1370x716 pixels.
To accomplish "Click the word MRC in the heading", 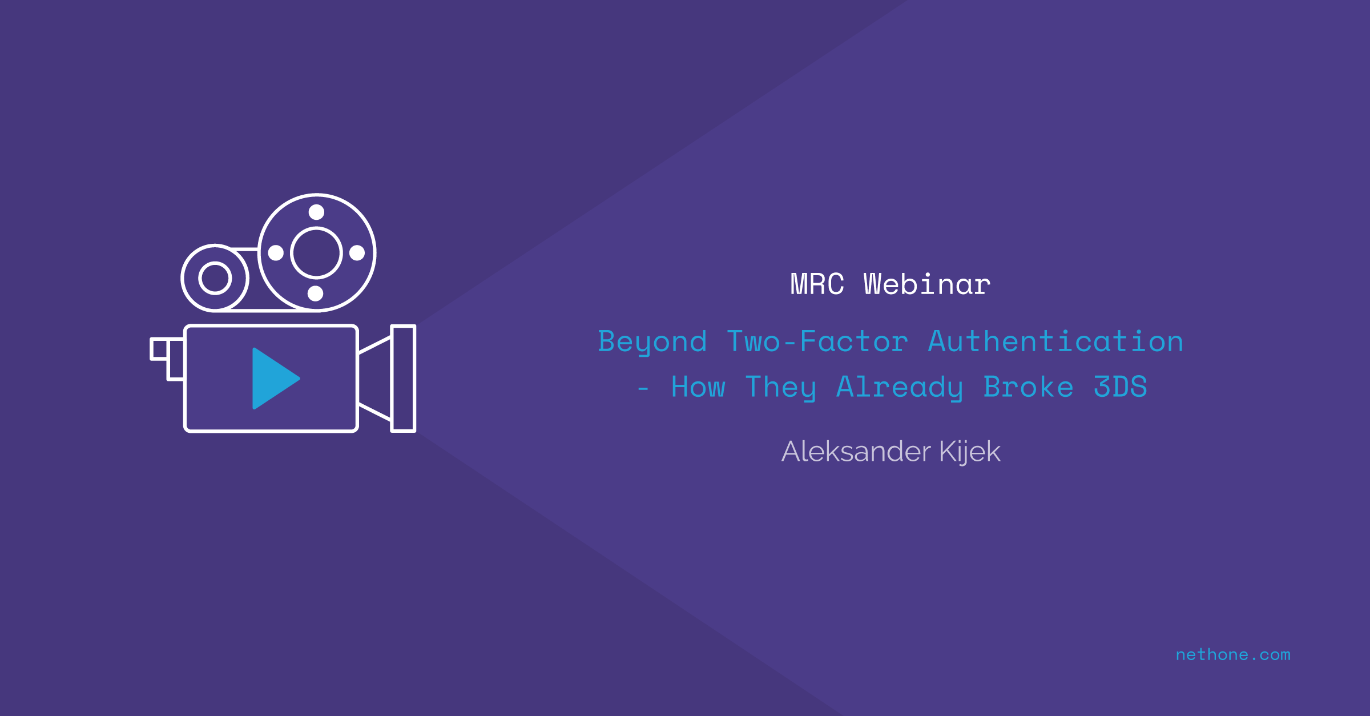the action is [x=817, y=284].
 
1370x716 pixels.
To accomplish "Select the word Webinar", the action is [x=927, y=284].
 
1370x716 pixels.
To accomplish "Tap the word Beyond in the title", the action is [x=652, y=342].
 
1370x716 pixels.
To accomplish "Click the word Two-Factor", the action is [x=817, y=341].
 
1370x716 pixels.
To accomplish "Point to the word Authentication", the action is [x=1055, y=341].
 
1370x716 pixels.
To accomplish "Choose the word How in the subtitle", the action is [x=698, y=387].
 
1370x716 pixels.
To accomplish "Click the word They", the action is [x=781, y=388].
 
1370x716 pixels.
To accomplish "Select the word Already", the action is [x=900, y=388].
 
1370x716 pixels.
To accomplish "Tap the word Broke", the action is [x=1028, y=387].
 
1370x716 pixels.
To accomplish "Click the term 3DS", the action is [x=1120, y=387].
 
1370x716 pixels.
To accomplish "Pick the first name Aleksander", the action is [x=856, y=451].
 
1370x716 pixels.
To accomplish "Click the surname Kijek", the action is [x=970, y=452].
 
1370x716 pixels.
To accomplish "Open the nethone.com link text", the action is [x=1233, y=654].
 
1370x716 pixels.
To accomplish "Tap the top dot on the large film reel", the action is [x=316, y=212].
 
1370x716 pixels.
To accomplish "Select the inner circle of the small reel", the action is [x=215, y=263].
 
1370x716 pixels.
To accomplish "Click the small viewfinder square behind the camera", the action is [x=159, y=349].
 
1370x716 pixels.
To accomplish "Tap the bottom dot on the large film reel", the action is [x=316, y=293].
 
